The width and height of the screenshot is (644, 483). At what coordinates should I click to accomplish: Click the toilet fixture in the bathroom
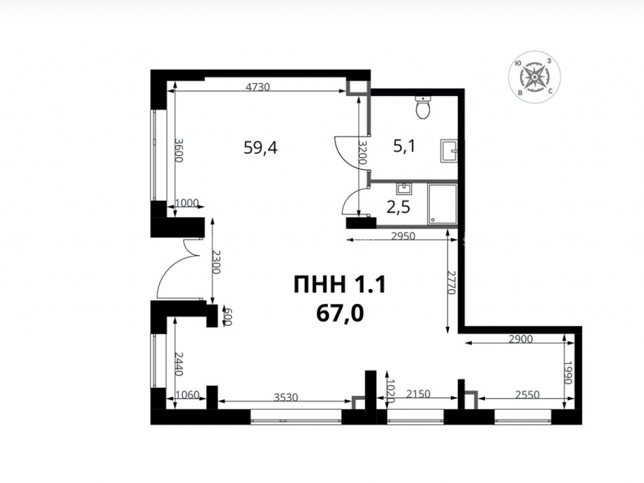[422, 108]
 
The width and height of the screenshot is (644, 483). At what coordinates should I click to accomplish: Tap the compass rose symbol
[535, 77]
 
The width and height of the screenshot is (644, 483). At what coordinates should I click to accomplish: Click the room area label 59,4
[260, 147]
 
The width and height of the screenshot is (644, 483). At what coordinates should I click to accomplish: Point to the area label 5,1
[404, 146]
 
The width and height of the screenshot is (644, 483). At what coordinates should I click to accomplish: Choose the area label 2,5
[399, 207]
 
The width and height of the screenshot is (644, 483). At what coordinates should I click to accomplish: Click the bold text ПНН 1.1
[340, 285]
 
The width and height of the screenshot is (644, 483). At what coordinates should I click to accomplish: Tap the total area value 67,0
[340, 314]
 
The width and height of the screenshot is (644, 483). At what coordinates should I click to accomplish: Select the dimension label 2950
[403, 236]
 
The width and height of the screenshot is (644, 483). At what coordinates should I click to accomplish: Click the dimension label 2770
[452, 282]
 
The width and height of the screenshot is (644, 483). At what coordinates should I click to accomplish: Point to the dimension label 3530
[286, 397]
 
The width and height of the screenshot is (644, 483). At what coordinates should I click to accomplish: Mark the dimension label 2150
[418, 394]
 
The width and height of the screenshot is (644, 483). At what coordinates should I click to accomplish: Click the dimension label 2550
[527, 395]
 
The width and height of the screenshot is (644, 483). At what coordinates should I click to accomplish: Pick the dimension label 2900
[520, 339]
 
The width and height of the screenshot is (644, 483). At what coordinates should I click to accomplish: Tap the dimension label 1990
[568, 372]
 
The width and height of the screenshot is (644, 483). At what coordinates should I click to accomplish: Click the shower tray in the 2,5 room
[442, 204]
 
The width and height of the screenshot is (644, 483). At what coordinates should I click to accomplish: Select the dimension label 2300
[216, 262]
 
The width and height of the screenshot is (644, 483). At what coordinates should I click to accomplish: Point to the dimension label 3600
[178, 150]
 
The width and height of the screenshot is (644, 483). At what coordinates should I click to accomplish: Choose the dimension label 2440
[178, 363]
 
